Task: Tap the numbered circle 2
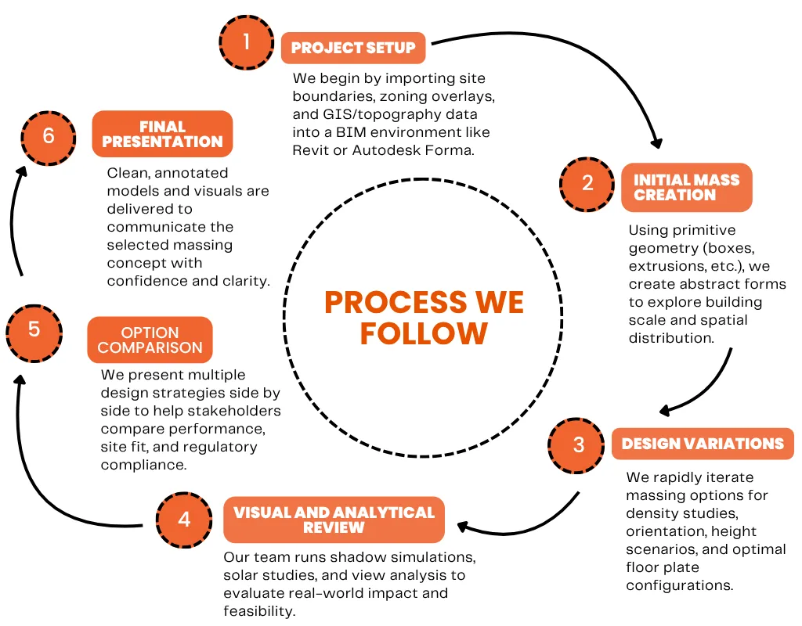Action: (x=587, y=184)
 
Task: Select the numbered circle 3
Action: (x=578, y=445)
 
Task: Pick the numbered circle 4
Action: (x=184, y=519)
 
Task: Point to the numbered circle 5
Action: (x=34, y=329)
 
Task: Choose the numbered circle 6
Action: (x=49, y=136)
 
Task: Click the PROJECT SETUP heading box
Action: (x=353, y=48)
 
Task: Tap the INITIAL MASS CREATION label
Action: (x=686, y=188)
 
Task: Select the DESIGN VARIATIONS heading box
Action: (x=703, y=444)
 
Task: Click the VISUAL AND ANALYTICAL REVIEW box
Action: (x=334, y=520)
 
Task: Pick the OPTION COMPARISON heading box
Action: (x=150, y=340)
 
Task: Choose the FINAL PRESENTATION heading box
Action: (x=162, y=134)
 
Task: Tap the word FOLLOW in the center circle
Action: (x=424, y=334)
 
